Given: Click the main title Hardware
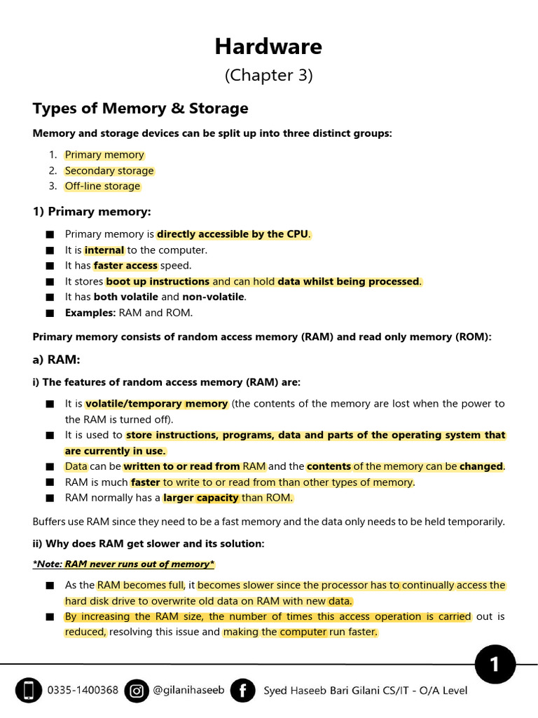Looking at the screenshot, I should pyautogui.click(x=268, y=46).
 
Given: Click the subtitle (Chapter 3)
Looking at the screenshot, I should pyautogui.click(x=268, y=76).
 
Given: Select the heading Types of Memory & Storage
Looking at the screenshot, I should pyautogui.click(x=140, y=108).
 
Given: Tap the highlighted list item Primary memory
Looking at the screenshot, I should pyautogui.click(x=104, y=155).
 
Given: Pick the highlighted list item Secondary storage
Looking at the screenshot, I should pyautogui.click(x=109, y=170).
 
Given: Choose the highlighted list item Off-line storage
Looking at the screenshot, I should pyautogui.click(x=102, y=186).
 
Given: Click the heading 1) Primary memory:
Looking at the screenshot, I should pyautogui.click(x=92, y=211).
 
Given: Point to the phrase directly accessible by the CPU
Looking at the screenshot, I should pyautogui.click(x=233, y=234).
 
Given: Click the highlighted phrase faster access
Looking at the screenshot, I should pyautogui.click(x=125, y=266).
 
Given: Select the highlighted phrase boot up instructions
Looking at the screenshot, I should pyautogui.click(x=158, y=281).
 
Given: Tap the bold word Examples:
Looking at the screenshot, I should pyautogui.click(x=90, y=313).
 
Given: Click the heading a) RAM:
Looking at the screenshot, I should pyautogui.click(x=57, y=360).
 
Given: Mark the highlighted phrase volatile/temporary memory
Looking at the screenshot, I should pyautogui.click(x=156, y=404).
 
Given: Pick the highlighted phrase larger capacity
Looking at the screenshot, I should pyautogui.click(x=202, y=498).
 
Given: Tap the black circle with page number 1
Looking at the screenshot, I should pyautogui.click(x=495, y=664).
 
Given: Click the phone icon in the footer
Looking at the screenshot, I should pyautogui.click(x=28, y=691).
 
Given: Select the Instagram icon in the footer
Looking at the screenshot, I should pyautogui.click(x=137, y=691).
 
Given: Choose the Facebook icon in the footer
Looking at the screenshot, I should pyautogui.click(x=242, y=691).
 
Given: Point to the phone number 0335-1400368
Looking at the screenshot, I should pyautogui.click(x=83, y=691).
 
